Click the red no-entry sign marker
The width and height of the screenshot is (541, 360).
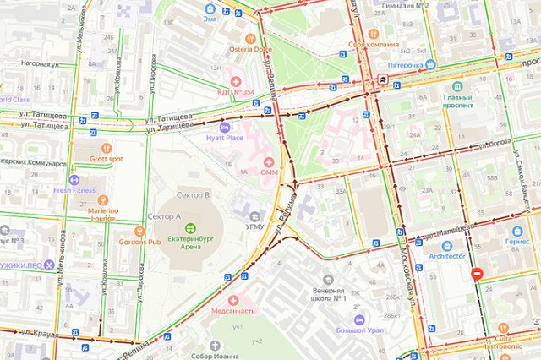[x=477, y=274]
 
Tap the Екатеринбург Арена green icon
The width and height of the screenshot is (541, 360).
[x=190, y=227]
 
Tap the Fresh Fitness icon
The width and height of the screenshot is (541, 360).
[x=74, y=180]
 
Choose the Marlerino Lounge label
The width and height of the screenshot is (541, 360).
[x=103, y=213]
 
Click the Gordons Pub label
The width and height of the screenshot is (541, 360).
[x=139, y=242]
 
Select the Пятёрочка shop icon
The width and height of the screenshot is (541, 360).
[x=431, y=64]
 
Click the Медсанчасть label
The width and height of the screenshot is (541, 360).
[x=233, y=311]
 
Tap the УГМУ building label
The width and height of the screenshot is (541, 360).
[x=254, y=226]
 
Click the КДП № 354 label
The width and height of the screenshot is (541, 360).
[x=236, y=91]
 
